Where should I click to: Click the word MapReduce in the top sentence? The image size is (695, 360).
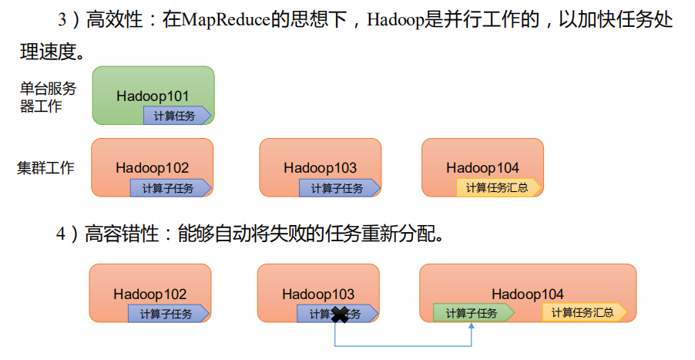[223, 21]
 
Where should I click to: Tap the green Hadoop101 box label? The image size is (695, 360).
[153, 96]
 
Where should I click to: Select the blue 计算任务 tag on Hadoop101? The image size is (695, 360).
[176, 116]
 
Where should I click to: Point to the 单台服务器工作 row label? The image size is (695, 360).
[48, 98]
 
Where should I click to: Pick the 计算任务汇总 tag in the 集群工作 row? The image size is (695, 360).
[499, 187]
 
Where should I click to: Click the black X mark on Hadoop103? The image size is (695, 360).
[339, 314]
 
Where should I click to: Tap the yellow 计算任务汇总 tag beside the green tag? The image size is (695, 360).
[583, 312]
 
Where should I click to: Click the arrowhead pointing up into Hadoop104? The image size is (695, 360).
[472, 327]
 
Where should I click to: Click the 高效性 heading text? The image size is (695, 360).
[118, 21]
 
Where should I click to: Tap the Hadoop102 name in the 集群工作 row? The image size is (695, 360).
[153, 167]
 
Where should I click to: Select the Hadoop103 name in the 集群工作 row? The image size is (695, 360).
[320, 167]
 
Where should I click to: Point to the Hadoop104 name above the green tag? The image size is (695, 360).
[528, 294]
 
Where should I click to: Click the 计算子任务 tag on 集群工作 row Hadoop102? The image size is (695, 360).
[170, 188]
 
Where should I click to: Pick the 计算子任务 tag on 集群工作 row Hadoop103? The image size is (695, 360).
[337, 188]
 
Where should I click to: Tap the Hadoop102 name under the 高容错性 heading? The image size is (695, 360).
[149, 294]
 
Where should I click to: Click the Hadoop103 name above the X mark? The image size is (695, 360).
[317, 294]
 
